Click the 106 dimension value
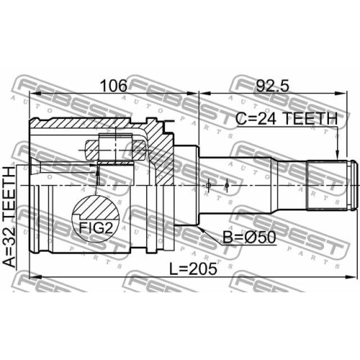(114, 86)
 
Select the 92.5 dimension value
(272, 86)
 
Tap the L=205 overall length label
(193, 269)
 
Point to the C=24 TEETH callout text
(287, 119)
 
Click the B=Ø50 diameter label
(249, 237)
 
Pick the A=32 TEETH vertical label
(10, 217)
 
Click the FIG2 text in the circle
(96, 228)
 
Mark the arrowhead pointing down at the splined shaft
(337, 155)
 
